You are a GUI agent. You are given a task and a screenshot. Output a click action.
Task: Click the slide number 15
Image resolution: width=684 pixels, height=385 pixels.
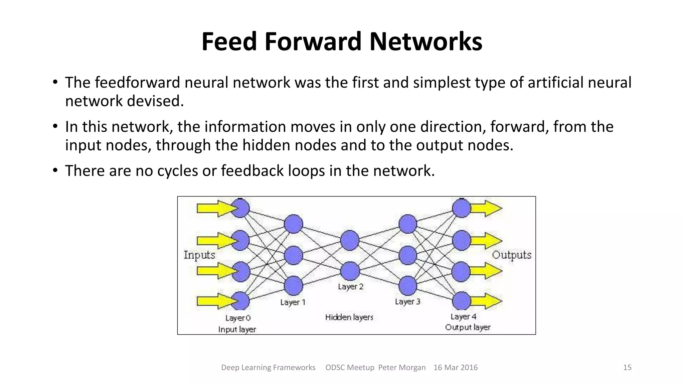coord(627,367)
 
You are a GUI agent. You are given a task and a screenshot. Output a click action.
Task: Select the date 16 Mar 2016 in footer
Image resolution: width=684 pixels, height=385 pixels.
coord(455,367)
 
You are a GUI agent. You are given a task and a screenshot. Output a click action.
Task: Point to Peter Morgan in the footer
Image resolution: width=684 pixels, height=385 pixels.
coord(402,367)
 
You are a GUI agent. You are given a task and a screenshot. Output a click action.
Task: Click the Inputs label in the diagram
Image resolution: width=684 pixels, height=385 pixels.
coord(199,255)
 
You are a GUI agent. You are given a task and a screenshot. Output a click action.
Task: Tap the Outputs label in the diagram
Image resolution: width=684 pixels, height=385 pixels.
coord(511,255)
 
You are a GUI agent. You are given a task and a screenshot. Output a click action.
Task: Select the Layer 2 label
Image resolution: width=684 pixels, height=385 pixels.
coord(350,286)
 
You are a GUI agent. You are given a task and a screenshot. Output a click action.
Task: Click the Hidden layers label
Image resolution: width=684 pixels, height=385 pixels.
coord(349,317)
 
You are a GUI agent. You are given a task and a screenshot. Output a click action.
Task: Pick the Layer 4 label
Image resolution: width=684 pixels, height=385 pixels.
coord(463,316)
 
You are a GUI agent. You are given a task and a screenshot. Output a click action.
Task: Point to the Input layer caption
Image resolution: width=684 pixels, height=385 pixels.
coord(237,329)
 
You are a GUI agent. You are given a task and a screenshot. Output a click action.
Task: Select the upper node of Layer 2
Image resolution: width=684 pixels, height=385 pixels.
coord(350,240)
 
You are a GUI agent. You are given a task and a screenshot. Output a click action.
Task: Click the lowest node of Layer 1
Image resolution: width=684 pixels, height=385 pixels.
coord(293,286)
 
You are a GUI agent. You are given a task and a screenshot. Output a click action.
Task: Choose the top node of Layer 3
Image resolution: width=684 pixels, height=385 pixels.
coord(407,224)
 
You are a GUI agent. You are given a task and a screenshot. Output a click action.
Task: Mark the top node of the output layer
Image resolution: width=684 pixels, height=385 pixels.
coord(462,208)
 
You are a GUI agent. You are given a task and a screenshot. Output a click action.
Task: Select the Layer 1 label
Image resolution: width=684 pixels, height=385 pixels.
coord(293,302)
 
